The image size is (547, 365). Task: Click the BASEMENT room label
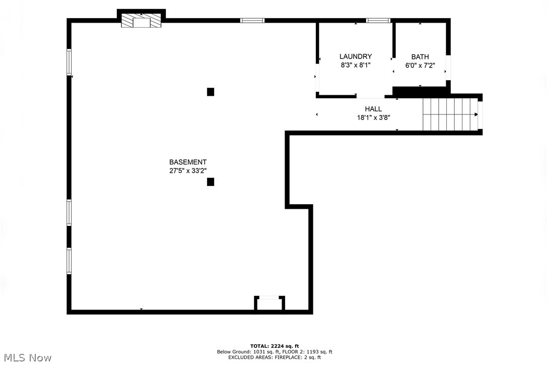point(187,162)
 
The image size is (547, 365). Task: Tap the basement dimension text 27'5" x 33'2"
point(187,171)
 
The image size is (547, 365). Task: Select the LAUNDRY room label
point(356,56)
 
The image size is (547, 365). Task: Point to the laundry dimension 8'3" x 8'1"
point(356,65)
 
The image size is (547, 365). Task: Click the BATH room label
point(420,57)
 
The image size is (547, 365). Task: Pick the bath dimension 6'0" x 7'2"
point(420,65)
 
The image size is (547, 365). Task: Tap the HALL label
point(373,109)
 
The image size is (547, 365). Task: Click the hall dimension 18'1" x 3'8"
point(373,117)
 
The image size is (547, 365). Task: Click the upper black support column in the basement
point(211,92)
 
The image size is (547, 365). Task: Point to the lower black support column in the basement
point(211,182)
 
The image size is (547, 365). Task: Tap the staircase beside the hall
point(449,114)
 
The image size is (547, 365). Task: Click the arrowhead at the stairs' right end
point(476,114)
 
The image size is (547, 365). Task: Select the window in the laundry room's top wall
point(378,21)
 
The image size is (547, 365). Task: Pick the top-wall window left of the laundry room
point(252,21)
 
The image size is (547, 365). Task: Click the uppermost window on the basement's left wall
point(70,62)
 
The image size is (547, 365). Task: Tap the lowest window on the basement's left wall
point(70,261)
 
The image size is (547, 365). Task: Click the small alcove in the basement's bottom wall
point(269,304)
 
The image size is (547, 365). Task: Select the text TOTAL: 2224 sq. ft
point(275,346)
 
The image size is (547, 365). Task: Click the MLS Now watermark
point(26,358)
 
